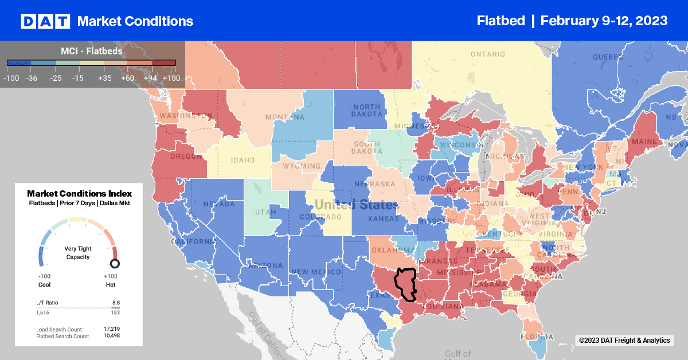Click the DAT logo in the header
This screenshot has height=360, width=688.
[x=45, y=21]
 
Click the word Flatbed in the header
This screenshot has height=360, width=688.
[x=501, y=21]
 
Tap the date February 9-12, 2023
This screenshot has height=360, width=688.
[x=604, y=21]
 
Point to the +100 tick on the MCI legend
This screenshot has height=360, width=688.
[x=171, y=78]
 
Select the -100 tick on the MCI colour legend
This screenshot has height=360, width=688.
[x=11, y=78]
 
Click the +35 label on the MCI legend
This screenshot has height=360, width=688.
[x=104, y=78]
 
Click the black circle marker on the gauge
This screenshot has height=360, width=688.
[x=115, y=264]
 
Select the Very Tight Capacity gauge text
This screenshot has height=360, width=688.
[x=79, y=253]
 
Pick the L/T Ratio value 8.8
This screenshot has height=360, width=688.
[x=116, y=302]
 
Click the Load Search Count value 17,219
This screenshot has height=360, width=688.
[x=112, y=329]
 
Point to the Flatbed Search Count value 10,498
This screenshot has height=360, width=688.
[x=112, y=335]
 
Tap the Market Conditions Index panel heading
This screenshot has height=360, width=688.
[x=79, y=194]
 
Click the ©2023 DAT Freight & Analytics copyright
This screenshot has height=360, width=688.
[x=624, y=341]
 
